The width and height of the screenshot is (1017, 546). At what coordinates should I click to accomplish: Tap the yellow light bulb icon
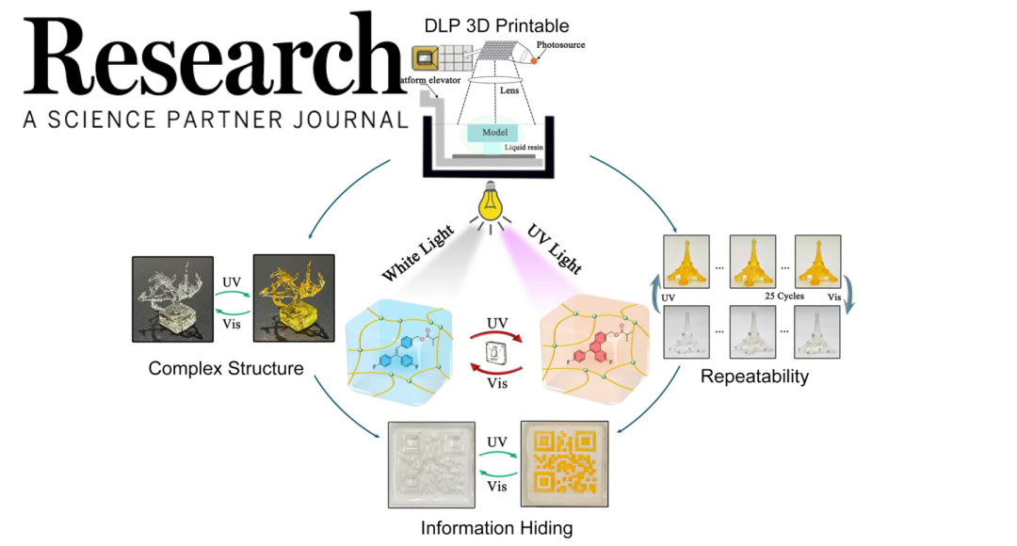tap(490, 200)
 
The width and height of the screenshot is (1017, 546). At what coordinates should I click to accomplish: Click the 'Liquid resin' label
tap(525, 148)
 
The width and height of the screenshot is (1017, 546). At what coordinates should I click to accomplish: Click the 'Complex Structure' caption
tap(226, 368)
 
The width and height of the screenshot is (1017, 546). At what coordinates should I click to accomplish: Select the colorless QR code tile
tap(433, 466)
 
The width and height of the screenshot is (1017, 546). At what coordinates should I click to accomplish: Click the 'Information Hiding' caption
tap(496, 528)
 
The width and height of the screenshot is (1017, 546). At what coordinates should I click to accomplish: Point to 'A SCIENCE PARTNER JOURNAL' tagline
tap(216, 120)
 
